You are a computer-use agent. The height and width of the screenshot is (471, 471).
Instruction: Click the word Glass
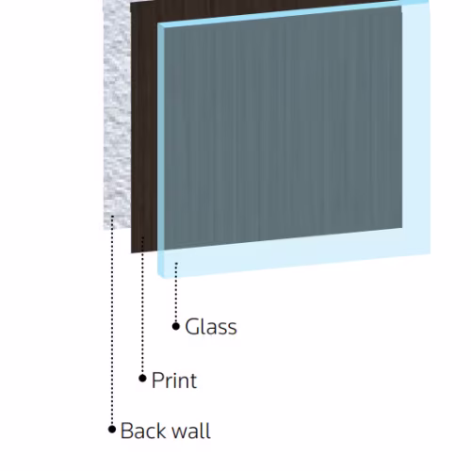[x=211, y=327]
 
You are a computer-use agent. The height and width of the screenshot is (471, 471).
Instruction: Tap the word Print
[x=174, y=381]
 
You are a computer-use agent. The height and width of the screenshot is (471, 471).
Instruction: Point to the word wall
[x=191, y=430]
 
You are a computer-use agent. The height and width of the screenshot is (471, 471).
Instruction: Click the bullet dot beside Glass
[x=176, y=327]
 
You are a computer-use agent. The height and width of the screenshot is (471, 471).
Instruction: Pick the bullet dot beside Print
[x=142, y=379]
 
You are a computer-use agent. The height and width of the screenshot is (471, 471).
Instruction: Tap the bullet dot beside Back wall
[x=112, y=430]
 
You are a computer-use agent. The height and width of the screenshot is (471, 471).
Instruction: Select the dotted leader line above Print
[x=143, y=305]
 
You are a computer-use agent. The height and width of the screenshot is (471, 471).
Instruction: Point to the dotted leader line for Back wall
[x=112, y=320]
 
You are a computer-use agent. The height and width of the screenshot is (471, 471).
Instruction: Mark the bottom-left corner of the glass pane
[x=160, y=277]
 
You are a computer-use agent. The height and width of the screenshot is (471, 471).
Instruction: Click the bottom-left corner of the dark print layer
[x=131, y=252]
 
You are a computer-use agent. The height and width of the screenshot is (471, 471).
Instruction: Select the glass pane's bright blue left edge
[x=161, y=150]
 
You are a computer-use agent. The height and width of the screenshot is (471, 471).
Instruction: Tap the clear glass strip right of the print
[x=416, y=125]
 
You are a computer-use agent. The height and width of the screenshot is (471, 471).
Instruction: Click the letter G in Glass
[x=192, y=327]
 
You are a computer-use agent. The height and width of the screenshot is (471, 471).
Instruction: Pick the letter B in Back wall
[x=126, y=430]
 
